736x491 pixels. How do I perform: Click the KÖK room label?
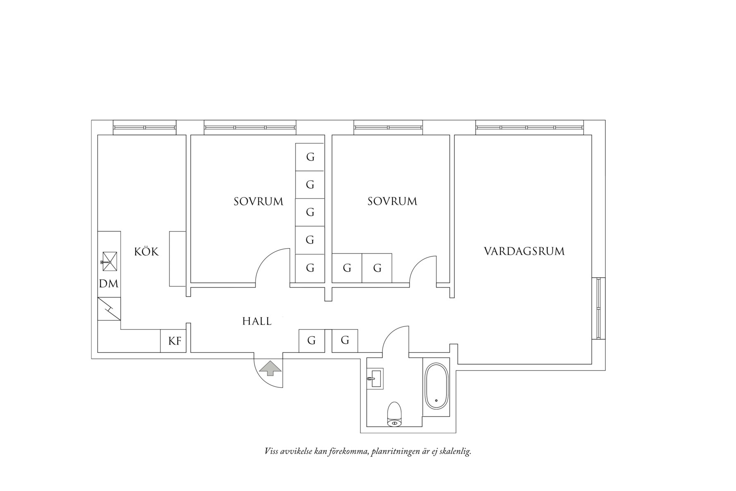point(146,251)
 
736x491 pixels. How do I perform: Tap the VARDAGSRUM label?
point(524,251)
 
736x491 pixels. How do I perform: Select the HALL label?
point(257,321)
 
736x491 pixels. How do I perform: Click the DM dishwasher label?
point(109,284)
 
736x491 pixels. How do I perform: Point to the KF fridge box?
point(174,341)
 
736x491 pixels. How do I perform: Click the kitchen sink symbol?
point(110,261)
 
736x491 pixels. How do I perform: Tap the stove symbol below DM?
point(109,309)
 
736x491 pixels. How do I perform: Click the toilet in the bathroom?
point(394,414)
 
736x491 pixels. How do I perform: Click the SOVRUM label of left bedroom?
point(258,201)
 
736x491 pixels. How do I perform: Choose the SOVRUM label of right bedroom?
point(392,201)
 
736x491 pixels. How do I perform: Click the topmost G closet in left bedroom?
point(310,157)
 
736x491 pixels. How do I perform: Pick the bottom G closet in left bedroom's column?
point(310,268)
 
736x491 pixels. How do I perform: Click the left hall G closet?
point(311,340)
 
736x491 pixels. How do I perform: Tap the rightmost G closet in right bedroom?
point(377,268)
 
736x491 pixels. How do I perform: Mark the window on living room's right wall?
point(599,308)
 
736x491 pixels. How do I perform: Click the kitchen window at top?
point(145,127)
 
